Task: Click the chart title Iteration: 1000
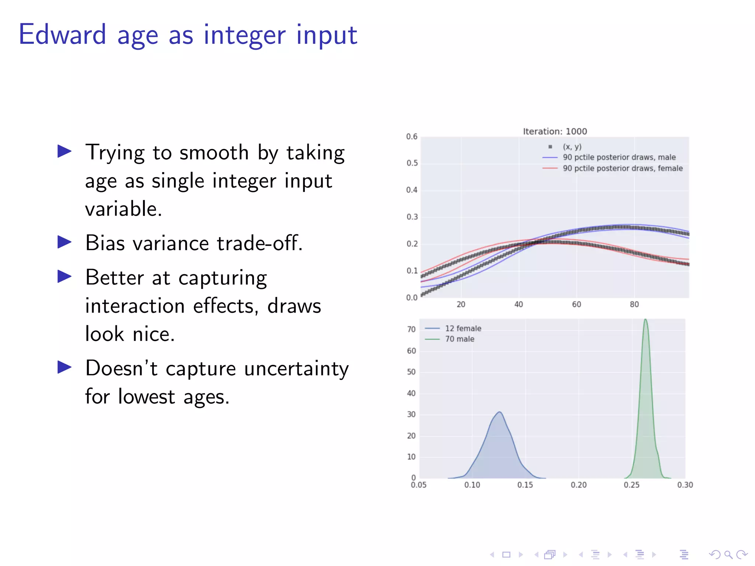click(x=555, y=132)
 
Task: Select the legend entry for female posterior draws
click(x=622, y=168)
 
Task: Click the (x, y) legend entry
click(x=572, y=147)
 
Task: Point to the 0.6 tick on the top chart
click(x=412, y=137)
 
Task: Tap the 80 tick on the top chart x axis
click(x=634, y=304)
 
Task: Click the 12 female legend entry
click(x=463, y=328)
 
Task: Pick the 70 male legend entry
click(x=459, y=339)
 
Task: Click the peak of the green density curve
click(x=646, y=320)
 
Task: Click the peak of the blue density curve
click(x=500, y=412)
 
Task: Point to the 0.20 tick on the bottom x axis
click(x=578, y=485)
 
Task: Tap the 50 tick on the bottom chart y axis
click(x=411, y=372)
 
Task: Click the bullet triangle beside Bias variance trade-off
click(x=65, y=242)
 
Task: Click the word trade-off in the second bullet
click(x=260, y=243)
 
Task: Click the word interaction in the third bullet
click(x=135, y=306)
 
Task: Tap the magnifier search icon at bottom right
click(x=728, y=555)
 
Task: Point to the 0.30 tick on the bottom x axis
click(x=685, y=485)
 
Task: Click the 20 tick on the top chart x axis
click(x=461, y=304)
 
